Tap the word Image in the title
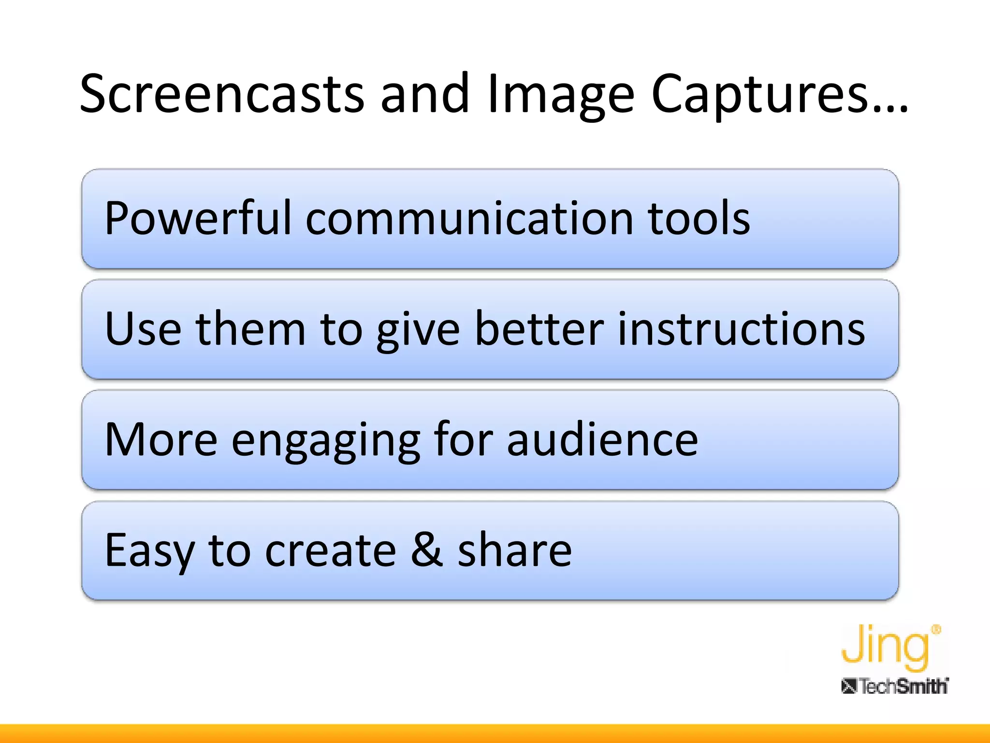(560, 94)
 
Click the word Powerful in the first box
(197, 219)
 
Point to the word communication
(468, 219)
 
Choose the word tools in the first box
(699, 219)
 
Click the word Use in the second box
(143, 329)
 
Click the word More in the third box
(161, 440)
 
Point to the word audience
(602, 440)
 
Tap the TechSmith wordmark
(895, 686)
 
